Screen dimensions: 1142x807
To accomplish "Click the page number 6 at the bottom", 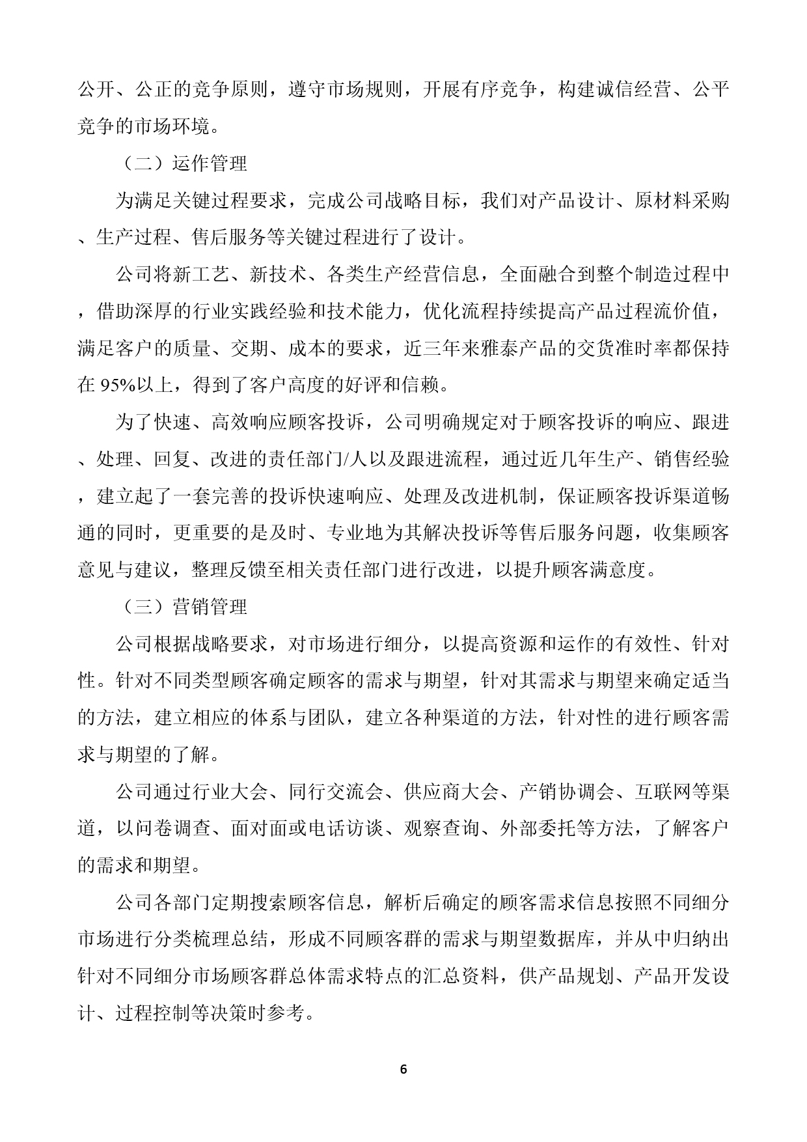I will pos(403,1070).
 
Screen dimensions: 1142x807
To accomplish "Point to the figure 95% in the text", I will pos(117,386).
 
